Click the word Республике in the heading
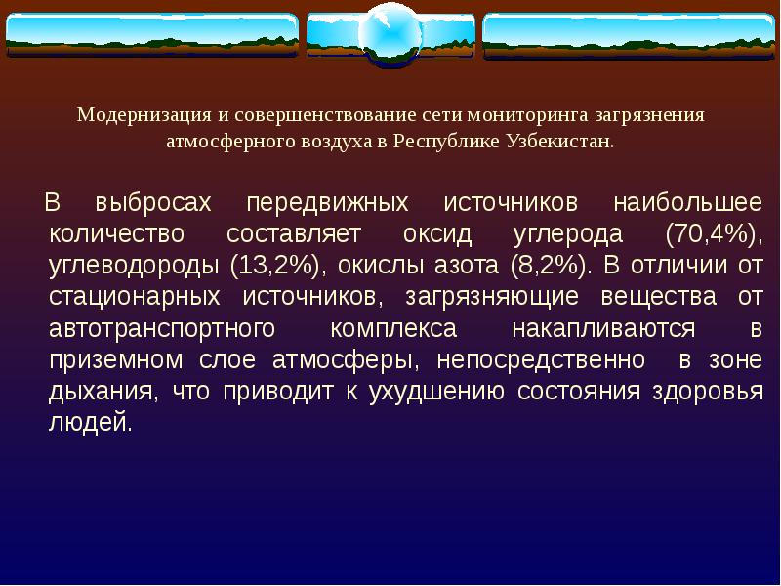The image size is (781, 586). coord(447,141)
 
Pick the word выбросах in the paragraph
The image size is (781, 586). coord(154,205)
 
